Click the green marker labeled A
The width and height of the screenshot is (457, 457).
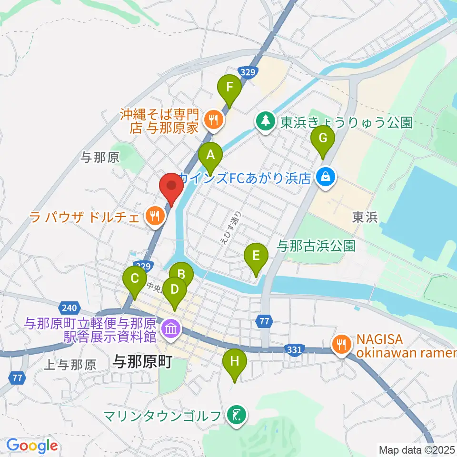(x=210, y=155)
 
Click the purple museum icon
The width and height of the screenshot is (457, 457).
(x=169, y=328)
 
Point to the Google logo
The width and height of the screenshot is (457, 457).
(x=32, y=446)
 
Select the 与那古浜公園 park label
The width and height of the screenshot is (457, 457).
(x=316, y=246)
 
